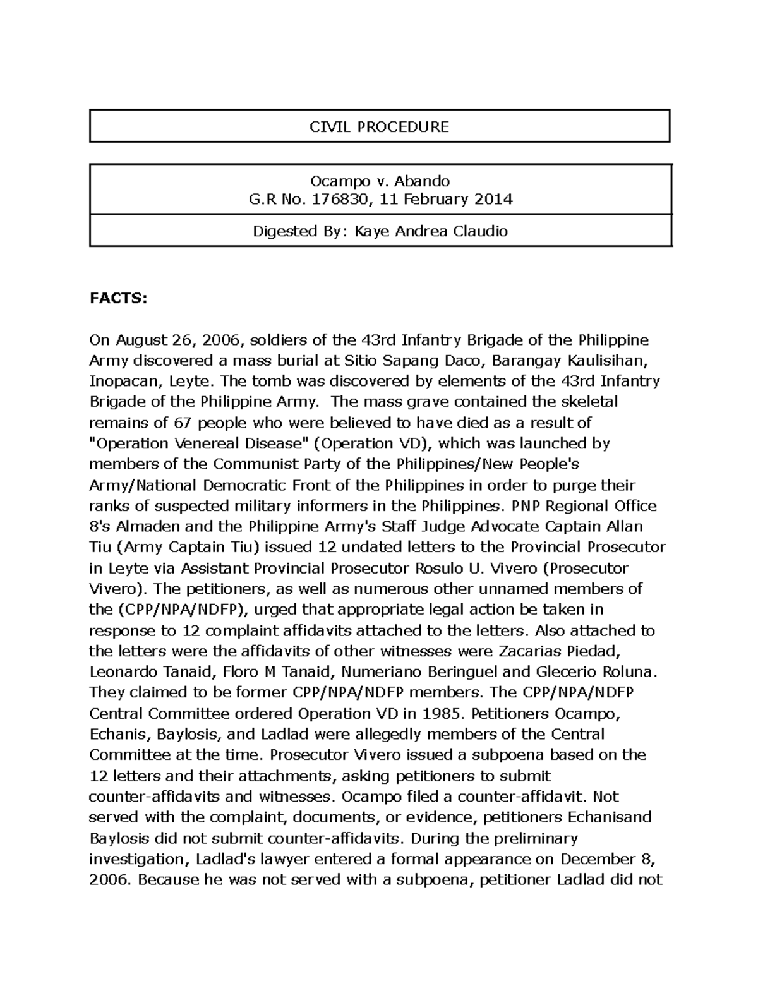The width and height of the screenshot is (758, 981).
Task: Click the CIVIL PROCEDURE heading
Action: click(x=379, y=127)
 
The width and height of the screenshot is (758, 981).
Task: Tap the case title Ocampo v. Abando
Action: click(x=380, y=181)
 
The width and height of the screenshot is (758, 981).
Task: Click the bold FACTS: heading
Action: click(x=118, y=299)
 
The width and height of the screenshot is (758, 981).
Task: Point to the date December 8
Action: click(x=604, y=859)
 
